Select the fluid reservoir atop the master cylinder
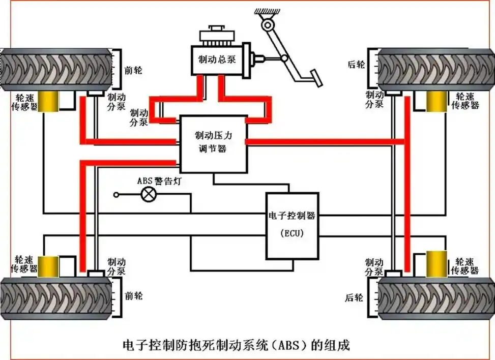pos(216,36)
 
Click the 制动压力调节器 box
pos(213,143)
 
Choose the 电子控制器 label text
pos(292,215)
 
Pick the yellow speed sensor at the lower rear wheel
pos(436,264)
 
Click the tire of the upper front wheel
pos(55,70)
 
